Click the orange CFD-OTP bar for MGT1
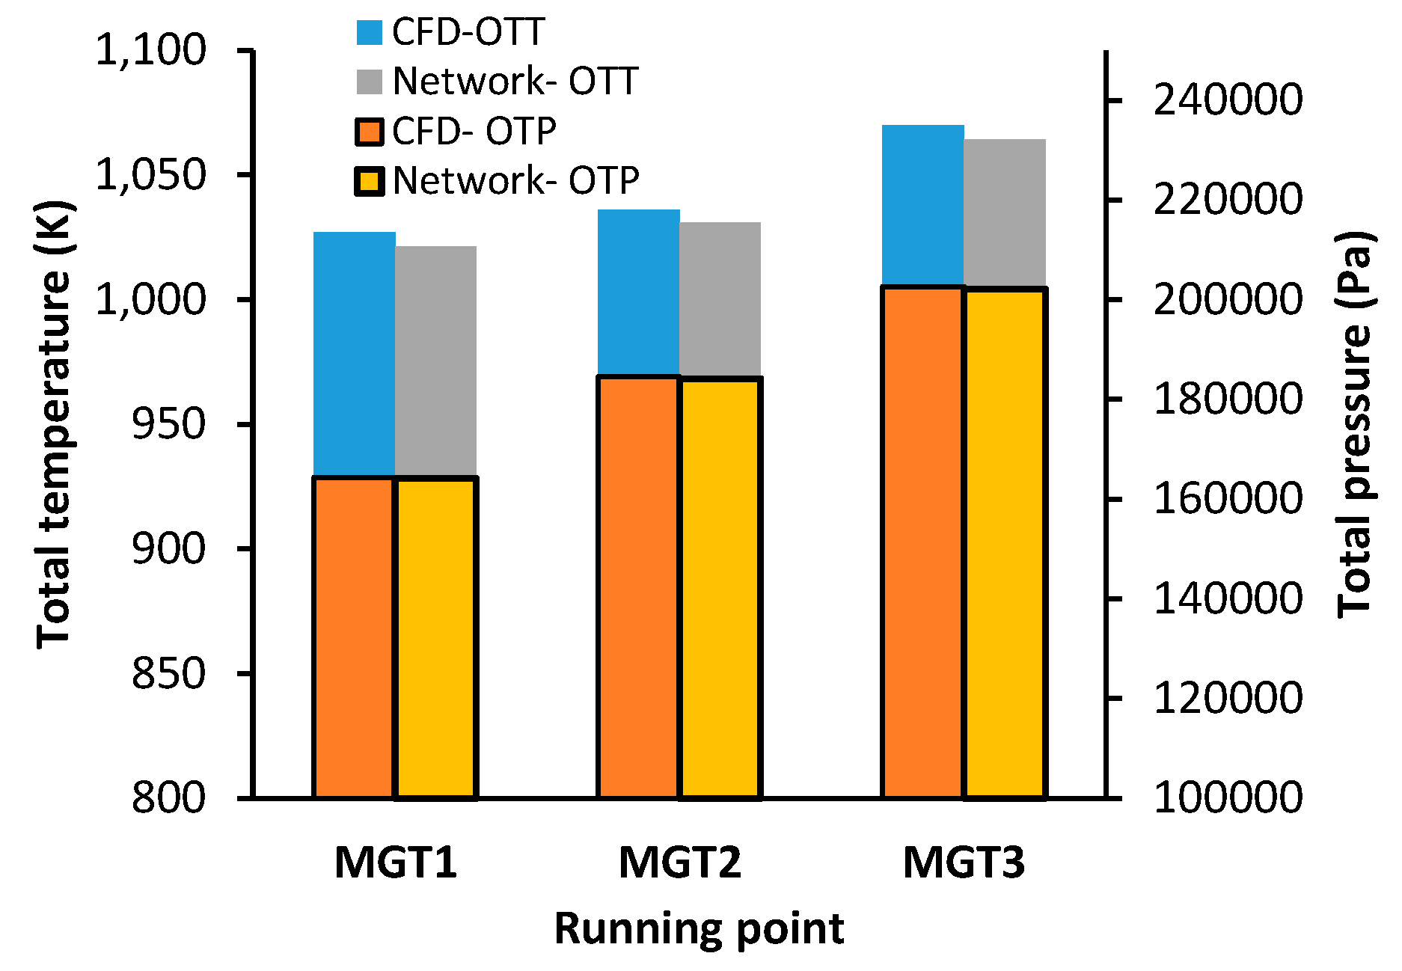(354, 636)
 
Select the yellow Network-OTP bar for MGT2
(720, 587)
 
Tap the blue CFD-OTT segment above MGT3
(922, 205)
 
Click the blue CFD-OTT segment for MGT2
(638, 292)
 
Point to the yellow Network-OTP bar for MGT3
(1005, 542)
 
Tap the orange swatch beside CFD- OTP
(370, 132)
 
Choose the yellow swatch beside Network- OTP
(370, 181)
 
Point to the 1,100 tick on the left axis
(150, 51)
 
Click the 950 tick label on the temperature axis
(168, 425)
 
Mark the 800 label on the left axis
(168, 798)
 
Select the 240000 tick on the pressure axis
(1228, 99)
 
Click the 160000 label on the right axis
(1228, 499)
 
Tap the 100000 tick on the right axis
(1228, 797)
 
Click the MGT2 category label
(679, 863)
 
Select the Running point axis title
(699, 929)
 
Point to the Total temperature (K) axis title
(54, 423)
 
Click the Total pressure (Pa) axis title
(1355, 423)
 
